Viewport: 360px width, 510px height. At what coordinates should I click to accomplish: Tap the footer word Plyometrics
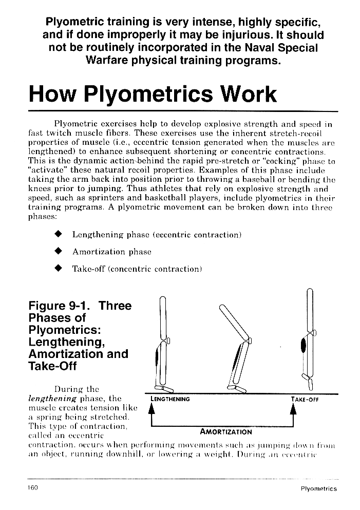(318, 489)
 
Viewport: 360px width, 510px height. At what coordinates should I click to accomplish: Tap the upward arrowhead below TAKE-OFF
(293, 409)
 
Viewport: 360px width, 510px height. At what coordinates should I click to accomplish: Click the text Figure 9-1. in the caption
(61, 306)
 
